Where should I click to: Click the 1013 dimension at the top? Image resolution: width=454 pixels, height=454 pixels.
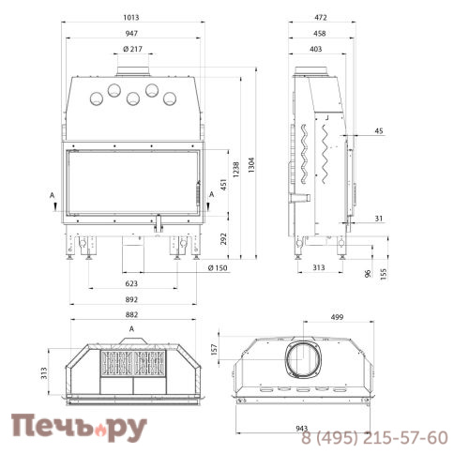pyautogui.click(x=131, y=17)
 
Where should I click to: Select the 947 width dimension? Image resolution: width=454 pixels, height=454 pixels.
pyautogui.click(x=131, y=33)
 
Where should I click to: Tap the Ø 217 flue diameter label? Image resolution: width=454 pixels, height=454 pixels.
pyautogui.click(x=132, y=49)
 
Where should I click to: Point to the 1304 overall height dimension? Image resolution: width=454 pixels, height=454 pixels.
pyautogui.click(x=251, y=165)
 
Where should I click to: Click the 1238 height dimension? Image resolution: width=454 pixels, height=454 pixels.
pyautogui.click(x=236, y=170)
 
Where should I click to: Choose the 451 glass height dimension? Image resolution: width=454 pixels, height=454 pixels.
pyautogui.click(x=223, y=185)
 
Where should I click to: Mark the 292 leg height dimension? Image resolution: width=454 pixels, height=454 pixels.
pyautogui.click(x=223, y=239)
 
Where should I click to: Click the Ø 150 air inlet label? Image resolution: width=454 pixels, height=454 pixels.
pyautogui.click(x=218, y=268)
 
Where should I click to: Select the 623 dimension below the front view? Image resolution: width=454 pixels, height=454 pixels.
pyautogui.click(x=131, y=283)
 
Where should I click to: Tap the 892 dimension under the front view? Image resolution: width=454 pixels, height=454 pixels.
pyautogui.click(x=131, y=299)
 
